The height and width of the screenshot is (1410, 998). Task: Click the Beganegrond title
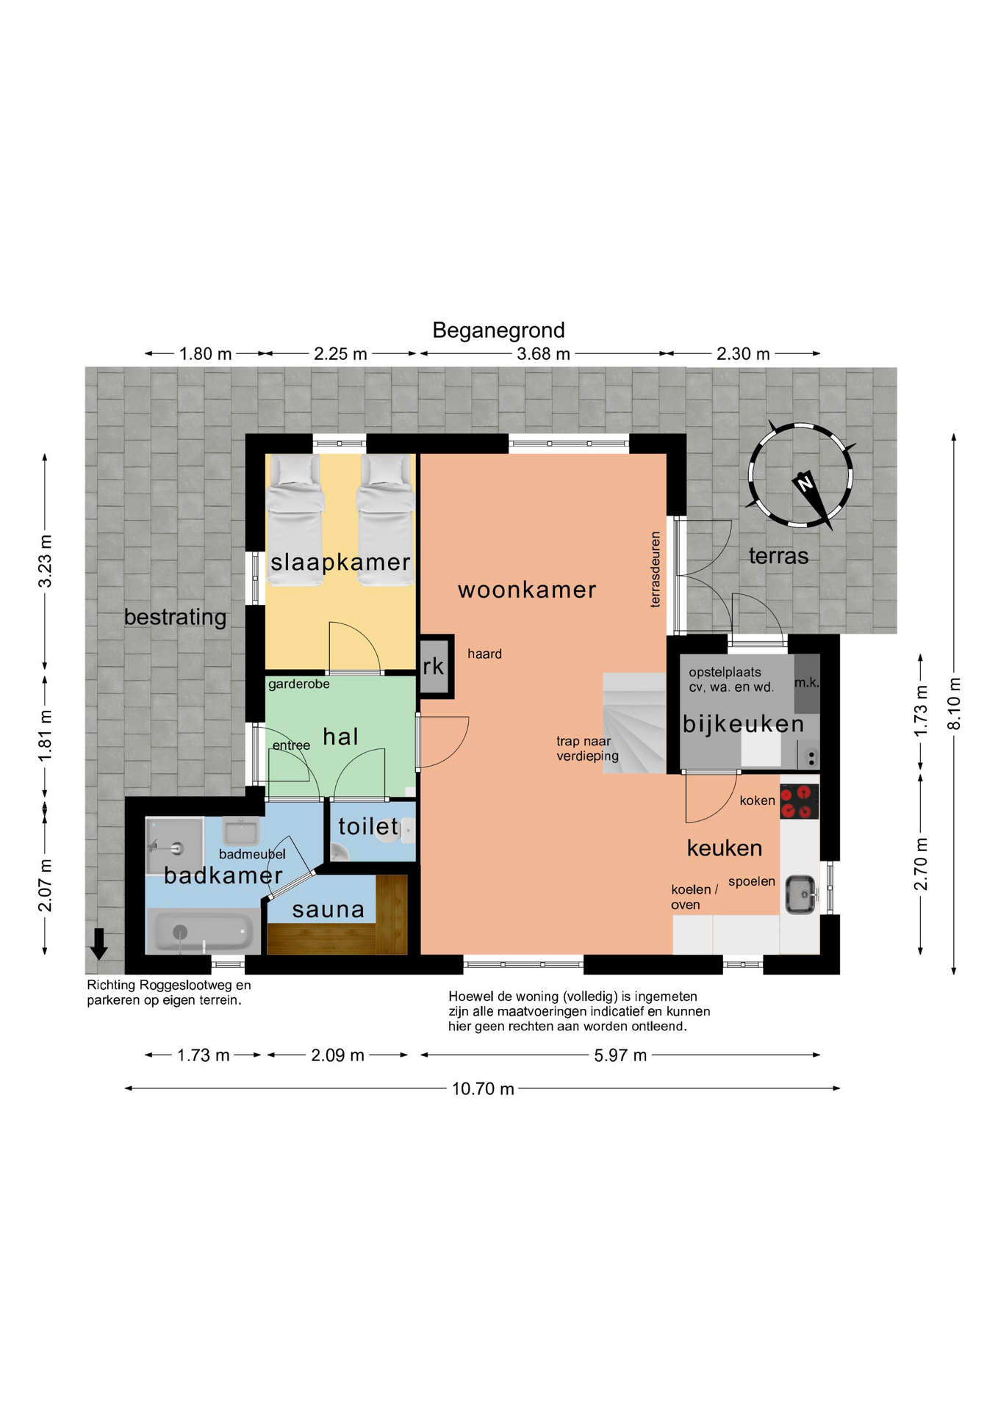coord(498,330)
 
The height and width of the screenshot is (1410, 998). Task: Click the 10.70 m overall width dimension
coord(483,1088)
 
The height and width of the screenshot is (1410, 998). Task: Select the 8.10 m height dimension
coord(954,704)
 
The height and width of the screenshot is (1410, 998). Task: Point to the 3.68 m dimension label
coord(543,354)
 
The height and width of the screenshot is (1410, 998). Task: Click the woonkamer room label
coord(527,590)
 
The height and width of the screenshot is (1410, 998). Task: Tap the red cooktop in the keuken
coord(799,801)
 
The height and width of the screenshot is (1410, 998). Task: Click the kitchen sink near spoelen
coord(800,894)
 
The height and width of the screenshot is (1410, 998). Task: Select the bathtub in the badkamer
coord(201,931)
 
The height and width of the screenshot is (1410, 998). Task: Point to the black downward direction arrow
coord(98,944)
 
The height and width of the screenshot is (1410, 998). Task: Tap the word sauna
coord(329,910)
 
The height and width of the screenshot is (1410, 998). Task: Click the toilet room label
coord(368,827)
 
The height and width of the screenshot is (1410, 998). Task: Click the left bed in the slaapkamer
coord(295,520)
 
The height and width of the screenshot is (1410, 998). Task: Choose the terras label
coord(778,556)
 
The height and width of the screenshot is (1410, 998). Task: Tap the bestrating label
coord(175,617)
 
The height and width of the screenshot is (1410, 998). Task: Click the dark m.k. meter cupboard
coord(806,683)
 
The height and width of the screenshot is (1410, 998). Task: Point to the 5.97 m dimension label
coord(620,1055)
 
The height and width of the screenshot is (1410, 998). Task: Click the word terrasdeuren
coord(656,570)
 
